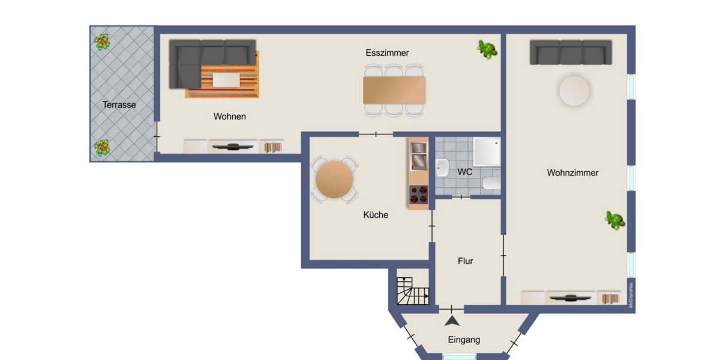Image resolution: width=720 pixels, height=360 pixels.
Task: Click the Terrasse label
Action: [x=119, y=104]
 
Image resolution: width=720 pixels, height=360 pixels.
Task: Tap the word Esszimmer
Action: [x=387, y=53]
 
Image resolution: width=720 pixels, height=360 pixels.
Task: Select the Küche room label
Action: [x=376, y=214]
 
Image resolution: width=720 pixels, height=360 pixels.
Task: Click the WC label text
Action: [x=464, y=172]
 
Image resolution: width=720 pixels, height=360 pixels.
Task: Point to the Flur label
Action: [x=465, y=261]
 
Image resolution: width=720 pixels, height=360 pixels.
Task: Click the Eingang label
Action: [x=464, y=340]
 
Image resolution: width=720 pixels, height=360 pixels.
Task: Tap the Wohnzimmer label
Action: [x=572, y=173]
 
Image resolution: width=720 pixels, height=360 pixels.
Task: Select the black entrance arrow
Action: [x=452, y=322]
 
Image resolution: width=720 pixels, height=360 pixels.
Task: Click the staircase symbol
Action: [x=413, y=291]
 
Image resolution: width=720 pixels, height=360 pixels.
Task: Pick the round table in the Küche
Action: [x=334, y=180]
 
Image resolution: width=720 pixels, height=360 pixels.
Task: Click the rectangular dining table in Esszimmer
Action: [x=394, y=90]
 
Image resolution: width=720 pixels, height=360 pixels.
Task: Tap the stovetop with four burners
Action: [x=418, y=194]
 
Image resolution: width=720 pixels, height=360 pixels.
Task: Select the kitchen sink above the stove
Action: [x=418, y=155]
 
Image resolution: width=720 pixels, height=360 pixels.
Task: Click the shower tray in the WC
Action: [x=486, y=151]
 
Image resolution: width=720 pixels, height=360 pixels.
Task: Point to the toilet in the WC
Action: [x=491, y=184]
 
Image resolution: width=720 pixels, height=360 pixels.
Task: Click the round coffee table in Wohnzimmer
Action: [x=574, y=91]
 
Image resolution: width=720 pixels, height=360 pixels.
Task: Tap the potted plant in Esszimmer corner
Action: [x=487, y=49]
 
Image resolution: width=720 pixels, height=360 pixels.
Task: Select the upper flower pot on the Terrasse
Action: [x=102, y=42]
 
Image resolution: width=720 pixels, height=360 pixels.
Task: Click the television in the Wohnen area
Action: [x=233, y=146]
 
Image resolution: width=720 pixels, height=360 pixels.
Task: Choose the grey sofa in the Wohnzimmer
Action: [x=571, y=52]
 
